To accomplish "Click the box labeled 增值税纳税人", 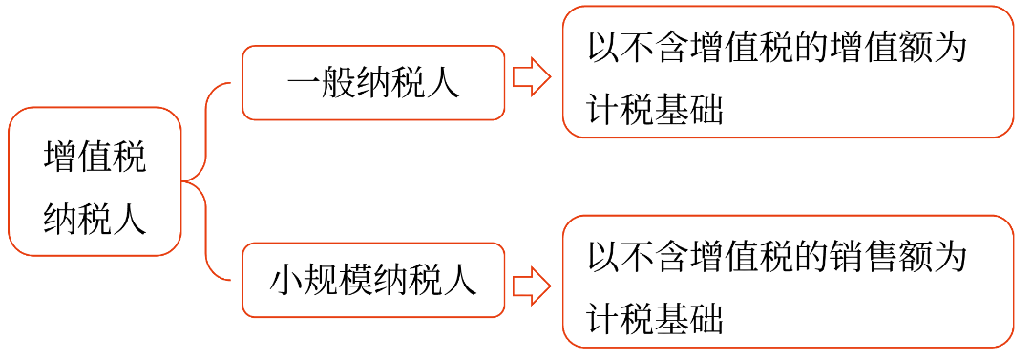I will pyautogui.click(x=95, y=182).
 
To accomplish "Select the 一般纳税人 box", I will pyautogui.click(x=373, y=83).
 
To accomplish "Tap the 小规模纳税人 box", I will pyautogui.click(x=373, y=282).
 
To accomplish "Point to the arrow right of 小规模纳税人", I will pyautogui.click(x=532, y=286).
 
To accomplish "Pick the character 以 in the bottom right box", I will pyautogui.click(x=604, y=256).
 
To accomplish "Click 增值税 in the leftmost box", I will pyautogui.click(x=95, y=157).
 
